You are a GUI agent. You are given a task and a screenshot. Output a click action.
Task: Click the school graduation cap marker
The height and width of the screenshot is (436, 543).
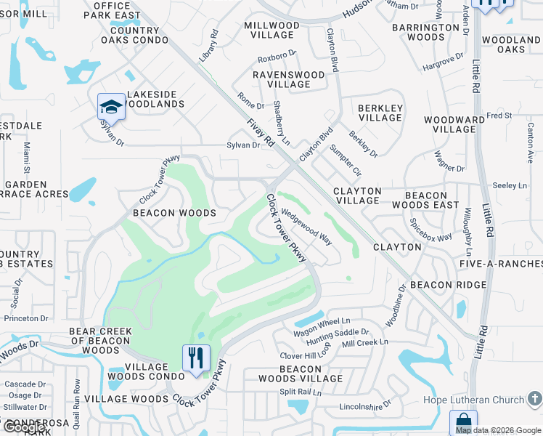(111, 106)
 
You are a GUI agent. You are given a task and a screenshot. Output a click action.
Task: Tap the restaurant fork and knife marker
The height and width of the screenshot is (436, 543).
(195, 358)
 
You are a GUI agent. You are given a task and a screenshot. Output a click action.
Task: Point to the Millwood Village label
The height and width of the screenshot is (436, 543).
(271, 30)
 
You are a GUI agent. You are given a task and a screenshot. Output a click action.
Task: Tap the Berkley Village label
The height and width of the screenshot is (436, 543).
(380, 112)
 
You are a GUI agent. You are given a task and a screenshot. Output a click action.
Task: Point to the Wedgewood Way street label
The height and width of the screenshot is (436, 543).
(306, 227)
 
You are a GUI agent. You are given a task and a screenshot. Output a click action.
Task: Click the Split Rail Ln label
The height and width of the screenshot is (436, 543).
(301, 392)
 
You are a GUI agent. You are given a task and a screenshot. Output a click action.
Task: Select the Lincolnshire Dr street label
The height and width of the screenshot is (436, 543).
(366, 403)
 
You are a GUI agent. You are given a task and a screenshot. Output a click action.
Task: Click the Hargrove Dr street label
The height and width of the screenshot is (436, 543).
(442, 61)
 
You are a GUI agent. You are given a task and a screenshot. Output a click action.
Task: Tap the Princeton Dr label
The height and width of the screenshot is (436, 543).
(26, 318)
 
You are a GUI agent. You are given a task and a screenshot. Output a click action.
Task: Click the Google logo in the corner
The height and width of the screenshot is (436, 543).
(24, 427)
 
